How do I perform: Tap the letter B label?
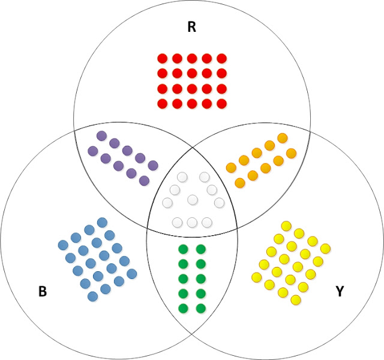click(43, 292)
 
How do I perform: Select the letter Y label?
click(340, 292)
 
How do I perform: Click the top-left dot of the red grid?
click(163, 59)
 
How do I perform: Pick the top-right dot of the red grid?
click(221, 59)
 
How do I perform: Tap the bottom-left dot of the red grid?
click(163, 103)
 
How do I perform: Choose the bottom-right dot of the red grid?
click(221, 103)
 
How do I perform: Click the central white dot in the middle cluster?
click(193, 200)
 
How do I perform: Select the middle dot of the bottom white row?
click(192, 223)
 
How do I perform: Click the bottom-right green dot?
click(200, 309)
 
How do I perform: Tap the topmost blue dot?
click(102, 223)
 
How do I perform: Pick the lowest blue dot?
click(92, 296)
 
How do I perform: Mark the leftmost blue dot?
click(62, 245)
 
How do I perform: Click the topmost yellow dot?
click(286, 226)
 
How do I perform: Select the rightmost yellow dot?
click(326, 248)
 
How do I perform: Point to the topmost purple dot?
click(101, 136)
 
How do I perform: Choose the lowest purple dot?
click(144, 181)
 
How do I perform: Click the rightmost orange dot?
click(292, 153)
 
